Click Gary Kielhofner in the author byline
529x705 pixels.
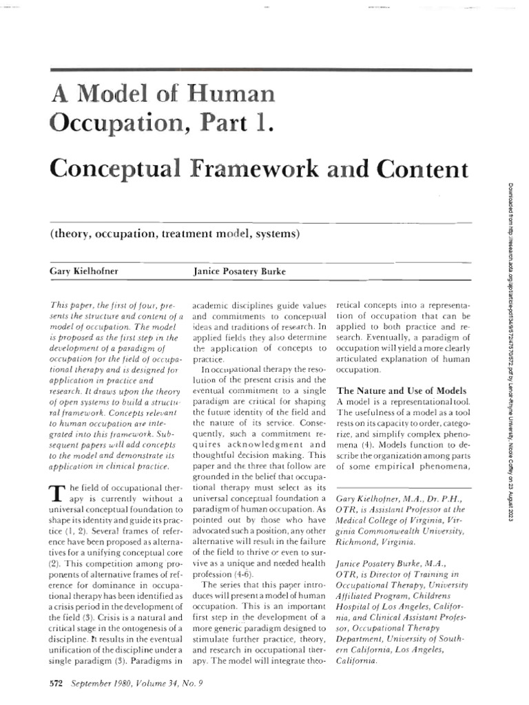click(84, 271)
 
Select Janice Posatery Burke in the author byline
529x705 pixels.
click(240, 271)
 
